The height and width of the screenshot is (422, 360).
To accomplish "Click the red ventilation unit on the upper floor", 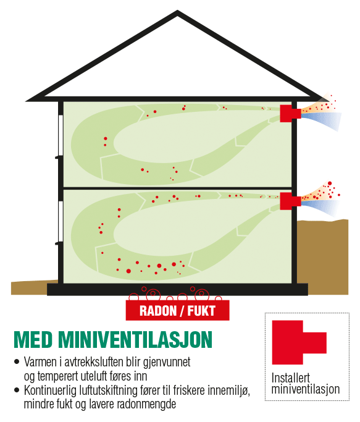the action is click(289, 113).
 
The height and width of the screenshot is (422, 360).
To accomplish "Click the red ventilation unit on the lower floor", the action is click(289, 201).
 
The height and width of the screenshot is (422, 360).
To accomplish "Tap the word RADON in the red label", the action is click(157, 311).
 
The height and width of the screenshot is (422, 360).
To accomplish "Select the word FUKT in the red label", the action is click(201, 311).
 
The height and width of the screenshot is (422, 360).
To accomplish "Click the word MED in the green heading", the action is click(33, 340).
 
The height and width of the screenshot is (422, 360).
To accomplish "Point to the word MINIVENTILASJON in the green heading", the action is click(135, 340).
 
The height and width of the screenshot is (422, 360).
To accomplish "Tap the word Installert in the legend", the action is click(290, 378).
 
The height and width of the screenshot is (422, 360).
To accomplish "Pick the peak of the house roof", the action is click(177, 11).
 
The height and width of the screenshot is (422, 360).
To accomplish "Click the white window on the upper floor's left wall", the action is click(61, 136).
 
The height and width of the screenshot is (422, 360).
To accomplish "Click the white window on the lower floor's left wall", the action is click(61, 222).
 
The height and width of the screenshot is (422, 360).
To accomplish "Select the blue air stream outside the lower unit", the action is click(320, 207).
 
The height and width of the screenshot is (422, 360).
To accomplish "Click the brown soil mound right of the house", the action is click(322, 257).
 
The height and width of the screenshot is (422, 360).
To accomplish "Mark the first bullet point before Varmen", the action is click(17, 361).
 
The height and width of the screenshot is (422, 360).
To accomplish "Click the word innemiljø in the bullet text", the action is click(230, 390).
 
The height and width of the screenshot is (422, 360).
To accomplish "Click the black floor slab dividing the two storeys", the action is click(178, 188).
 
